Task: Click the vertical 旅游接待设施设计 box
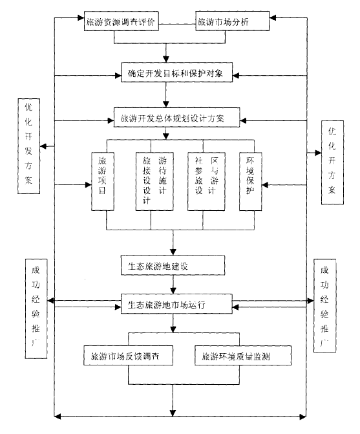tap(154, 182)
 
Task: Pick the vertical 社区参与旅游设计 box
tap(204, 182)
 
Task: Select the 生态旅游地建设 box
tap(173, 265)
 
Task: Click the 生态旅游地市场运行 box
tap(173, 304)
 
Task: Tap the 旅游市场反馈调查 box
tap(128, 356)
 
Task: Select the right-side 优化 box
tap(332, 161)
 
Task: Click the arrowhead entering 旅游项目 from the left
tap(89, 185)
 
